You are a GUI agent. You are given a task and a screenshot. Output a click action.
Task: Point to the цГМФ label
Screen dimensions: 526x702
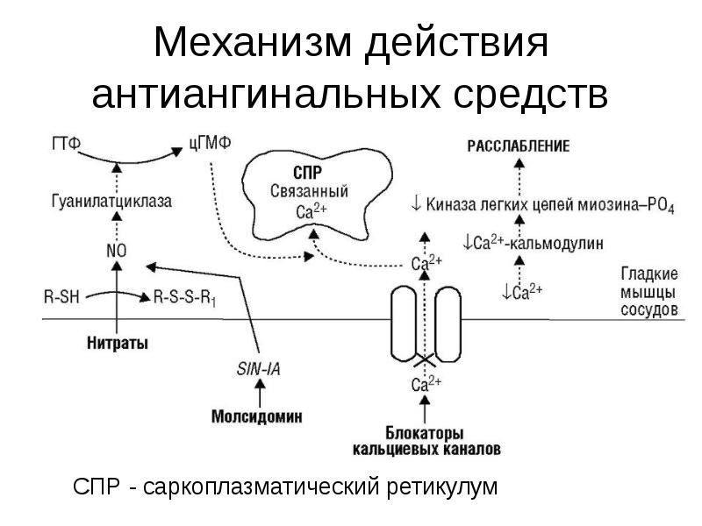pos(210,145)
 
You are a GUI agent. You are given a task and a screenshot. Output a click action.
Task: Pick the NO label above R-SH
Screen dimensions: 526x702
pos(116,250)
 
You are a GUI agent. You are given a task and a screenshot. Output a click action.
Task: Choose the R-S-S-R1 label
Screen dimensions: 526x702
pos(184,297)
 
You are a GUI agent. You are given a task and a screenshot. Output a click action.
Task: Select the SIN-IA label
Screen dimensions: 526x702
pos(258,369)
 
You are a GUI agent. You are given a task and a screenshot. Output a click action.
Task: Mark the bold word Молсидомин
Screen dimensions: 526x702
pos(258,416)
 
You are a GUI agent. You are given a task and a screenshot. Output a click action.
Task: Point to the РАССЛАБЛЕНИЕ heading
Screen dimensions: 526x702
pos(519,146)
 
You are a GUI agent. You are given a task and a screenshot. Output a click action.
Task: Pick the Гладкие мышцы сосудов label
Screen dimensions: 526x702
pos(648,291)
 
